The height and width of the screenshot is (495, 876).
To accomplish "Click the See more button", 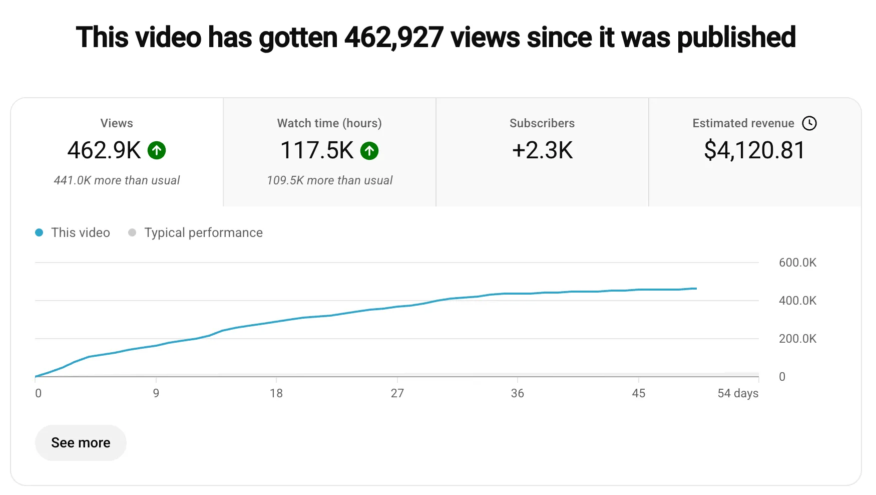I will pos(81,443).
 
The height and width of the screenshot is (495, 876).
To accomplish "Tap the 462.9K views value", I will pos(104,150).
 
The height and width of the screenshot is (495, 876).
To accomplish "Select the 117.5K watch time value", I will pos(317,150).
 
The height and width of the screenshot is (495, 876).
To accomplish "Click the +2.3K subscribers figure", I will pos(542,150).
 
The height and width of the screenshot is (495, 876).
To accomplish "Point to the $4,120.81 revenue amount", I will pos(754,150).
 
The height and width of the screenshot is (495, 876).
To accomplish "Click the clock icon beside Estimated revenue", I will pos(809,123).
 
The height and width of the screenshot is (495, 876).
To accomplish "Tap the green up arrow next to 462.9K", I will pos(157,150).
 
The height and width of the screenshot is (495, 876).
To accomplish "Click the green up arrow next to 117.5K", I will pos(369,150).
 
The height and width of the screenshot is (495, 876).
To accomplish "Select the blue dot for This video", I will pos(39,232).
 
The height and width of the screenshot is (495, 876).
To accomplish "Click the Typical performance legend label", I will pos(203,232).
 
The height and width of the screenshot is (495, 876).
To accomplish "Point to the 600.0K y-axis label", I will pos(797,263).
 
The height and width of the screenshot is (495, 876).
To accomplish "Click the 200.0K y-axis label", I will pos(797,339).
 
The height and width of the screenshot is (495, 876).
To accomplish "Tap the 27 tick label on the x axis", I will pos(397,393).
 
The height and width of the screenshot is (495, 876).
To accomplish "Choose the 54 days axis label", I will pos(738,393).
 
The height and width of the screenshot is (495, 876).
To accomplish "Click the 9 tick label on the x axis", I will pos(156,393).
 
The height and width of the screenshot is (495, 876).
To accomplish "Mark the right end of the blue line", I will pos(696,289).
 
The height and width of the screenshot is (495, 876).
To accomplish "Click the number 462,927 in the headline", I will pos(393,38).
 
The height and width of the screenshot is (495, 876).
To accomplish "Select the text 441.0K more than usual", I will pos(117,180).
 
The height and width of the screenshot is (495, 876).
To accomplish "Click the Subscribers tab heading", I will pos(542,123).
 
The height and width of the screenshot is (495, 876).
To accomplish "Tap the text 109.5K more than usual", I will pos(329,180).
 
